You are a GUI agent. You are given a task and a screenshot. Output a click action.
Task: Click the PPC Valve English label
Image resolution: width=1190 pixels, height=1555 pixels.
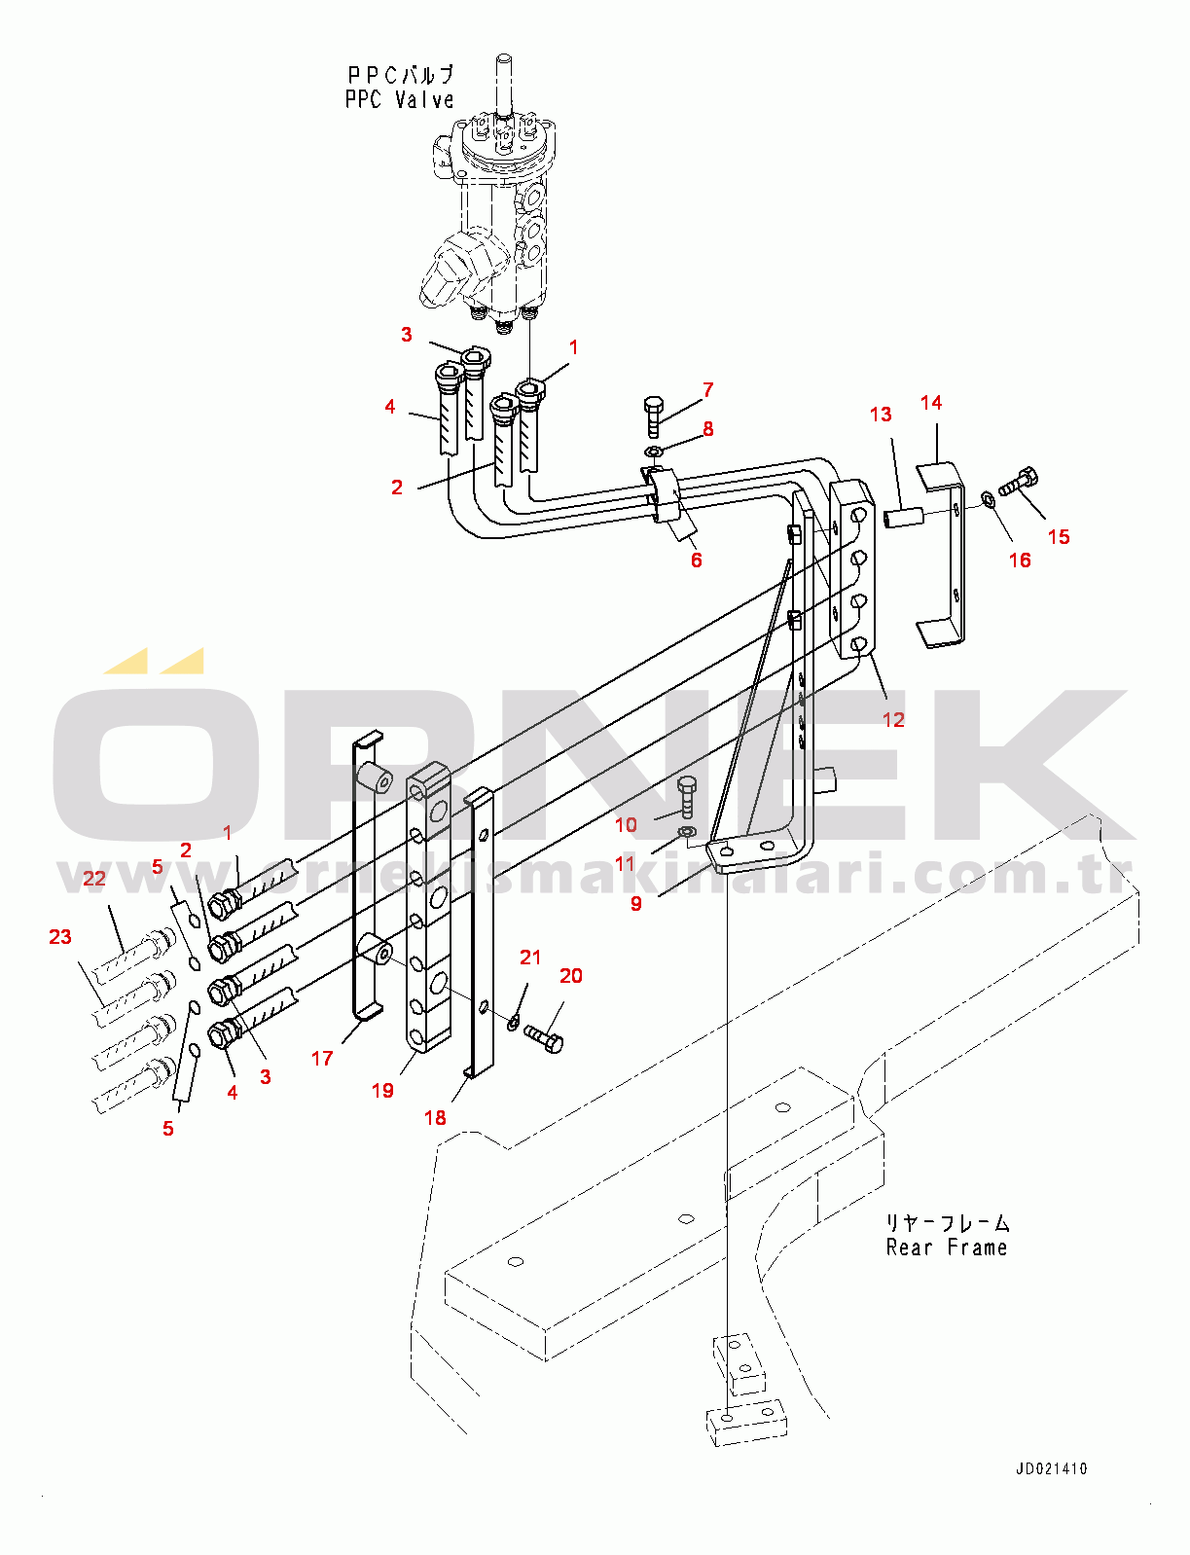click(x=399, y=99)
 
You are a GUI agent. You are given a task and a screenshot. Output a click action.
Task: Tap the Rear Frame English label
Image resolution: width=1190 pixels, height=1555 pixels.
click(x=946, y=1248)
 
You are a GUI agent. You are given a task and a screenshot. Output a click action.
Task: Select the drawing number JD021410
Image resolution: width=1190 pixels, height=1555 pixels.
click(x=1052, y=1469)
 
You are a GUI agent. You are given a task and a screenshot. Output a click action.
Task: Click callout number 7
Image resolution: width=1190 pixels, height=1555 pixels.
click(x=708, y=389)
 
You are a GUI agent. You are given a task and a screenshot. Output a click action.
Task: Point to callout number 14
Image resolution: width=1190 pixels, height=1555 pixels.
click(x=931, y=402)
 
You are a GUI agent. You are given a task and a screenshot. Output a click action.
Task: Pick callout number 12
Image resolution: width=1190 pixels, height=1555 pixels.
click(x=893, y=719)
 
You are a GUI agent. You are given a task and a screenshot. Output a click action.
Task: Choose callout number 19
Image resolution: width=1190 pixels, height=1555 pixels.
click(x=382, y=1090)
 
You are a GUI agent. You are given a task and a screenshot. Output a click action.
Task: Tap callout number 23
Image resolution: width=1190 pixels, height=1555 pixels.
click(x=60, y=936)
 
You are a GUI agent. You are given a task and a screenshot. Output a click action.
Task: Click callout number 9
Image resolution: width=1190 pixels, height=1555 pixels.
click(x=636, y=903)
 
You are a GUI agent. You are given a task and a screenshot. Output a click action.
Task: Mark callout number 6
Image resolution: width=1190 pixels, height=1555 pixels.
click(x=697, y=560)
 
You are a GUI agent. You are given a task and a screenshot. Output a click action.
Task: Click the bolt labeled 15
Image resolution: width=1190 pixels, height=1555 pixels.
click(x=1020, y=481)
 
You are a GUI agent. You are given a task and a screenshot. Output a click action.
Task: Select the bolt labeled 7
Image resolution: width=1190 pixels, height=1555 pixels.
click(x=653, y=416)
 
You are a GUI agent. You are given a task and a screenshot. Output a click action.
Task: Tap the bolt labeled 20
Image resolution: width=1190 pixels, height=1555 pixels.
click(x=544, y=1037)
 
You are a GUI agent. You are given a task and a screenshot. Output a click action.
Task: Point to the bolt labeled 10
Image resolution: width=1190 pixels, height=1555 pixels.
click(x=686, y=797)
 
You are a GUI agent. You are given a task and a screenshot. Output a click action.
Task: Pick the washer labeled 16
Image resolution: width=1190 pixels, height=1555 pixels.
click(x=988, y=499)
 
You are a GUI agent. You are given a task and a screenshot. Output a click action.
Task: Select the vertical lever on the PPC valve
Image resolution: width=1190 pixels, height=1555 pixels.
click(x=504, y=88)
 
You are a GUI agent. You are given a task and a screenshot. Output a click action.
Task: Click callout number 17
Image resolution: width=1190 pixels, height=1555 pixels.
click(x=322, y=1058)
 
